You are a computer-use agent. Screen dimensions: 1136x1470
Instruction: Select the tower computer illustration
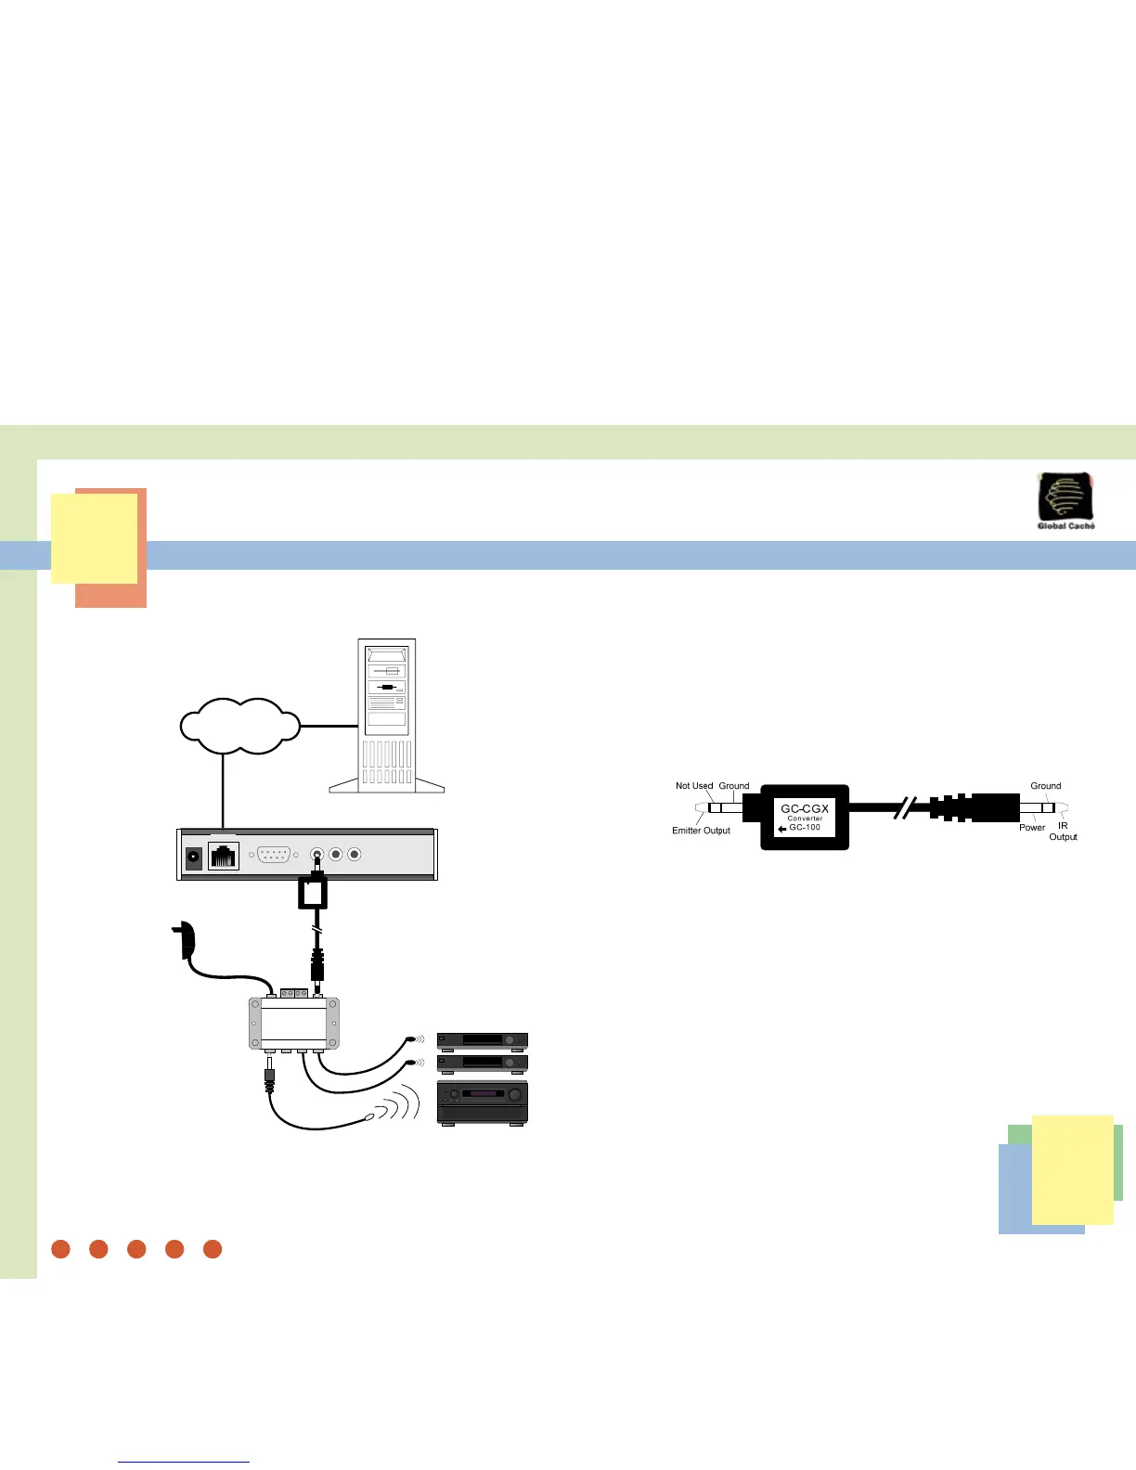pyautogui.click(x=387, y=716)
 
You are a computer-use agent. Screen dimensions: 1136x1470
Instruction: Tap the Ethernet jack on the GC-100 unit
pyautogui.click(x=224, y=856)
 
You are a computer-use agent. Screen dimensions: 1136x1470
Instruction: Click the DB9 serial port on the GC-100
pyautogui.click(x=274, y=855)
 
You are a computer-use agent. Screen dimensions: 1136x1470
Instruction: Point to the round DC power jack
pyautogui.click(x=194, y=857)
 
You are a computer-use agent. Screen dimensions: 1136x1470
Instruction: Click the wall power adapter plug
pyautogui.click(x=185, y=940)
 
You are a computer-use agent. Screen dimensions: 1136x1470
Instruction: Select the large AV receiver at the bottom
pyautogui.click(x=483, y=1103)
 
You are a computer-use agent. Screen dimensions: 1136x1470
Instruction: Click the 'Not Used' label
pyautogui.click(x=694, y=786)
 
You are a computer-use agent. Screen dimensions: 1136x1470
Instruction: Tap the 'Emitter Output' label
pyautogui.click(x=701, y=831)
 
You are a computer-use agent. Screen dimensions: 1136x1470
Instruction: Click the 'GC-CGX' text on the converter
pyautogui.click(x=805, y=808)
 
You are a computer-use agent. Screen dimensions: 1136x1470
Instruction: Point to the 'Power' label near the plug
pyautogui.click(x=1032, y=828)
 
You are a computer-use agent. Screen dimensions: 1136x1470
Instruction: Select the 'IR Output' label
pyautogui.click(x=1063, y=832)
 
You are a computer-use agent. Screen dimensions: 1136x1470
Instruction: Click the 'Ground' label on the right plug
pyautogui.click(x=1045, y=786)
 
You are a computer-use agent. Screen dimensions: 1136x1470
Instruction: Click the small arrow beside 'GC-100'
pyautogui.click(x=782, y=829)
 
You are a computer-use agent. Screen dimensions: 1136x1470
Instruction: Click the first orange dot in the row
pyautogui.click(x=61, y=1249)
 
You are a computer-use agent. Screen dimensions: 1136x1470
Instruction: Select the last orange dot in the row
pyautogui.click(x=213, y=1249)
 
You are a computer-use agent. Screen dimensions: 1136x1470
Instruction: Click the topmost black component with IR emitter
pyautogui.click(x=483, y=1040)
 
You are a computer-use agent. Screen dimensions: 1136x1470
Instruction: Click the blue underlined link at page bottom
pyautogui.click(x=184, y=1462)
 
